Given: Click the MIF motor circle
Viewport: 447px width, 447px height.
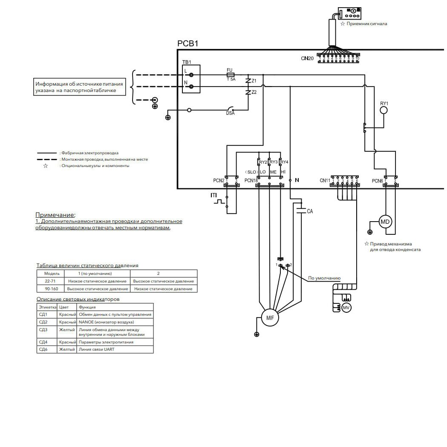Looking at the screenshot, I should tap(270, 318).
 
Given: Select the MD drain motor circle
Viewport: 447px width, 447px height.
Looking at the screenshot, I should tap(385, 222).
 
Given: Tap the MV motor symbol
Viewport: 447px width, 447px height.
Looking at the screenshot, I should tap(346, 308).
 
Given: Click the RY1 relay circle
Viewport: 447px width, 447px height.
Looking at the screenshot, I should tap(384, 110).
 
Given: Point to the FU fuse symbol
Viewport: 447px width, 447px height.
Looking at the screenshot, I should tap(231, 74).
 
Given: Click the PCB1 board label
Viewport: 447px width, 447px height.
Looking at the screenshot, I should tap(187, 44).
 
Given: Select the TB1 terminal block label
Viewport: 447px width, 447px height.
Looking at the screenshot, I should tap(187, 62).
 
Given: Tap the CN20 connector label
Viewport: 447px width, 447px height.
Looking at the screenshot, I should tap(307, 58).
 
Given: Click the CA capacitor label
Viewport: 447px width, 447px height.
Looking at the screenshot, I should tap(310, 211).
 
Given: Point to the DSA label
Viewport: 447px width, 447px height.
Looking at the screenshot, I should tap(230, 113).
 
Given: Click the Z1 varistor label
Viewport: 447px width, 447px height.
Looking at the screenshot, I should tap(254, 81).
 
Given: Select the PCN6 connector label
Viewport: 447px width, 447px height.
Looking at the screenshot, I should tap(377, 181).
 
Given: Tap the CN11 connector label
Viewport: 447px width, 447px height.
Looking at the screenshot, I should tap(325, 181).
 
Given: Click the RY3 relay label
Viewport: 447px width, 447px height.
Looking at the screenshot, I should tap(273, 162).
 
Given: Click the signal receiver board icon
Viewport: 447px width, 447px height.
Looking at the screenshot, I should tap(350, 13).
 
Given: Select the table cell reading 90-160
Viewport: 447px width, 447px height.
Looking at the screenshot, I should tap(51, 289).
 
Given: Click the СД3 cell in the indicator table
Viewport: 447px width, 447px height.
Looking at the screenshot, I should tap(43, 330).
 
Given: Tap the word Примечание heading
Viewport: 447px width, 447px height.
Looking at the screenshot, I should tap(55, 215).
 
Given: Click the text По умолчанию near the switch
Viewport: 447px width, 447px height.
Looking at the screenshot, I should tap(324, 278).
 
